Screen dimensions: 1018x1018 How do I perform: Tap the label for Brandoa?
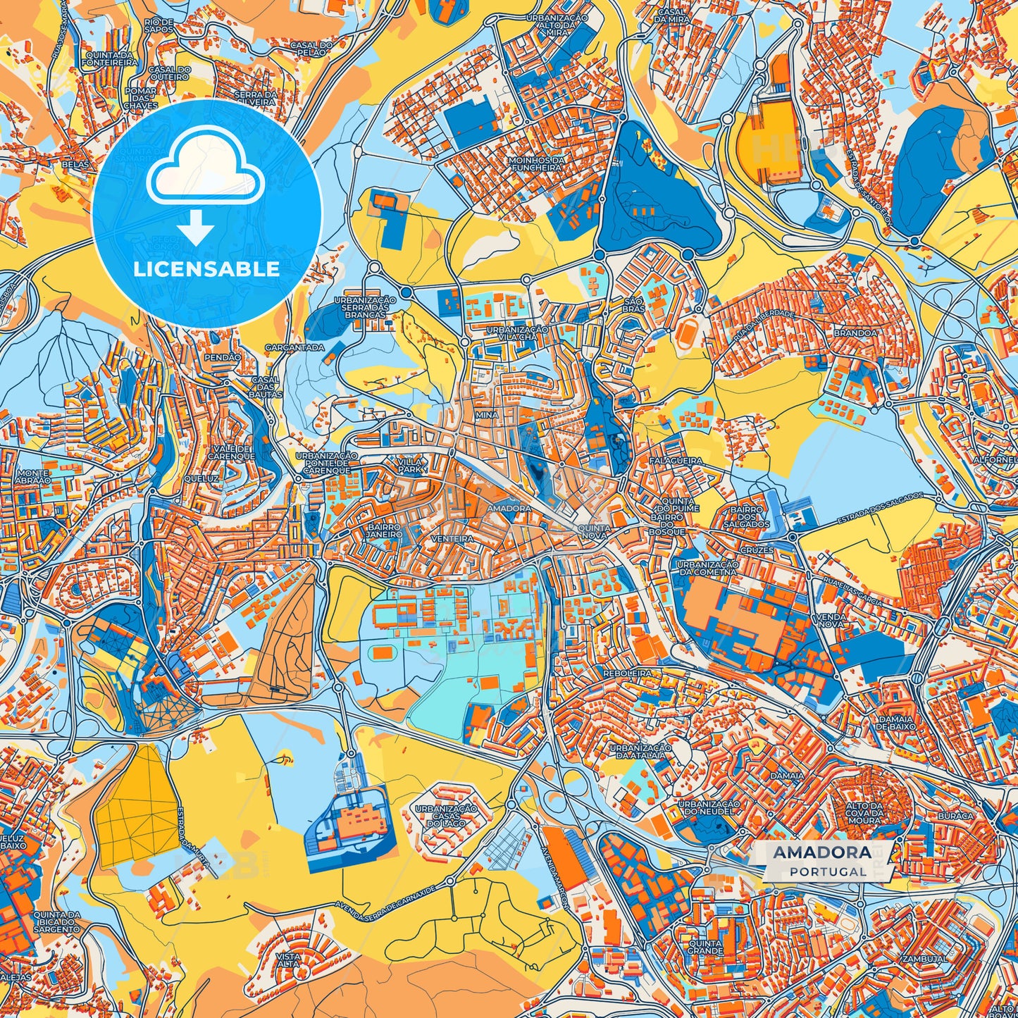point(855,333)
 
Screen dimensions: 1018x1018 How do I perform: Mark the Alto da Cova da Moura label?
point(864,813)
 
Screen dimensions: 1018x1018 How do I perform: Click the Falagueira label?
point(680,460)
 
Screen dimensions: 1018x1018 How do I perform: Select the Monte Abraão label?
point(33,476)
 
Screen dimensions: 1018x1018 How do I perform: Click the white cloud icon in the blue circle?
point(205,169)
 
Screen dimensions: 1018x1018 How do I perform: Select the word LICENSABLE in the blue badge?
point(206,269)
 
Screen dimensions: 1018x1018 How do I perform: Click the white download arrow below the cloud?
point(196,227)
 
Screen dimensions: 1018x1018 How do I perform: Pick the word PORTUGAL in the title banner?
point(828,871)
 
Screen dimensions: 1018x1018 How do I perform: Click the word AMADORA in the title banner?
point(821,852)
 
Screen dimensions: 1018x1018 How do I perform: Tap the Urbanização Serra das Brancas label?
point(366,307)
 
